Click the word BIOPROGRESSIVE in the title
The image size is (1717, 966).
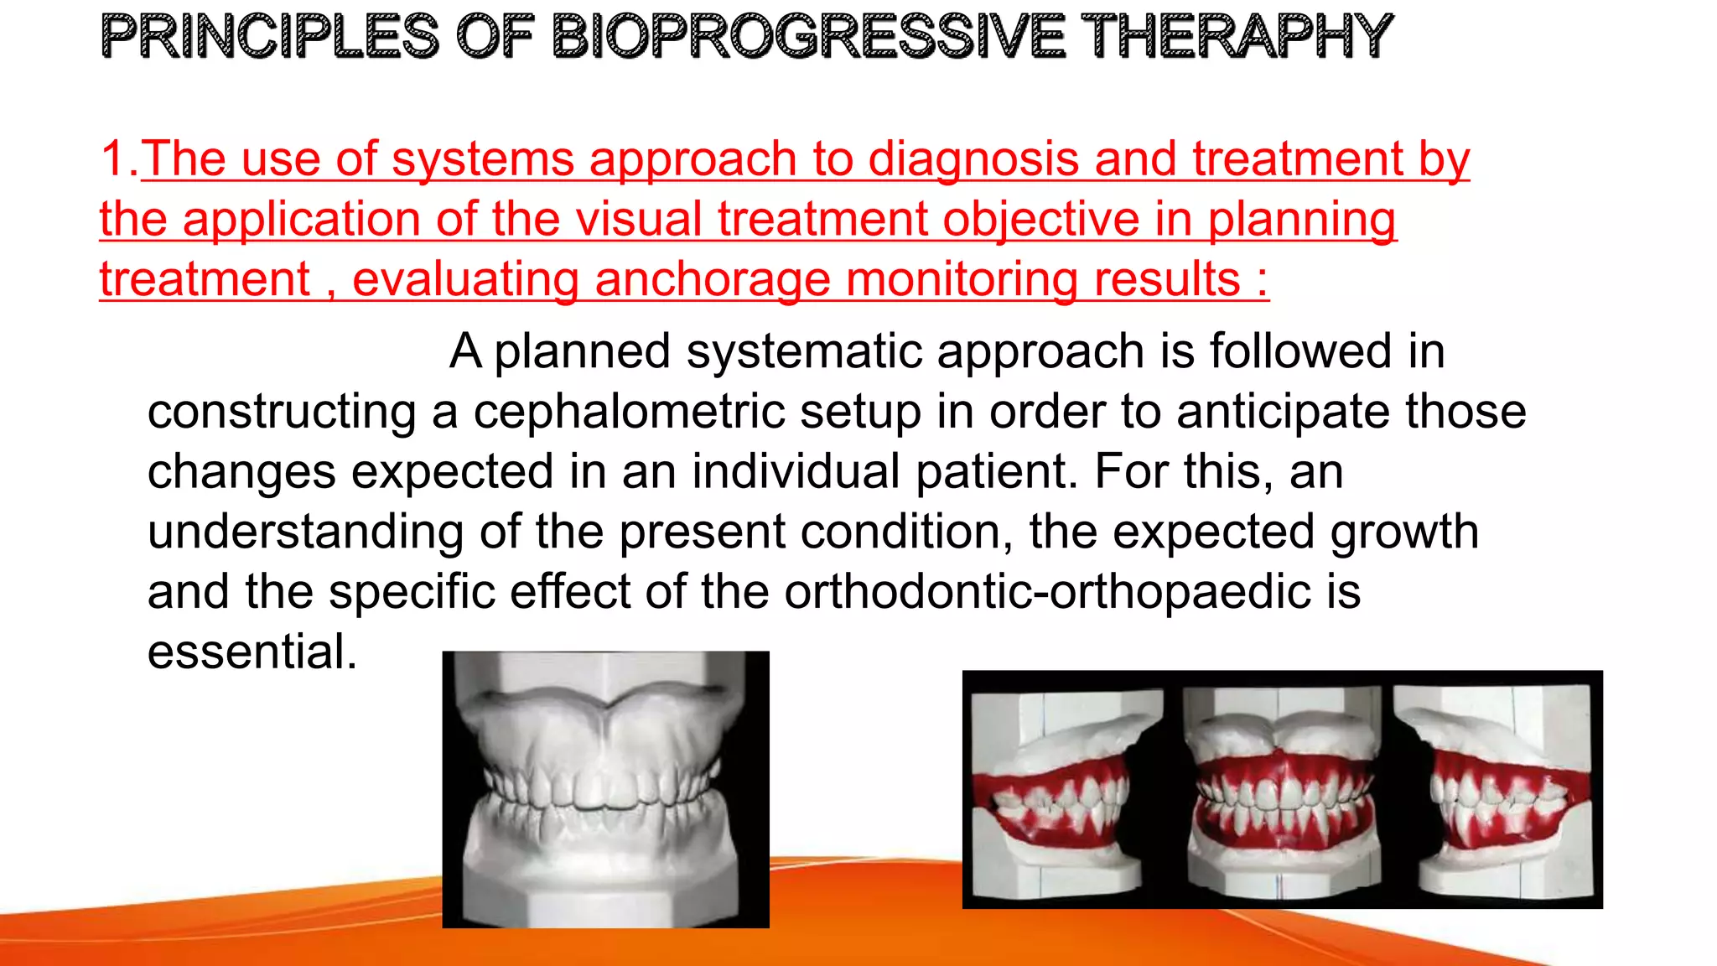[809, 37]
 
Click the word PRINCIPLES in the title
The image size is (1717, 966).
[269, 37]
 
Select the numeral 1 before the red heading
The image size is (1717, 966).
[113, 158]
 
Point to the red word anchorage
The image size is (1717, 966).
[713, 279]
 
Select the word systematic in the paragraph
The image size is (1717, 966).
[803, 351]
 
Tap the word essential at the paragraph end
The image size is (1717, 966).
[252, 652]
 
